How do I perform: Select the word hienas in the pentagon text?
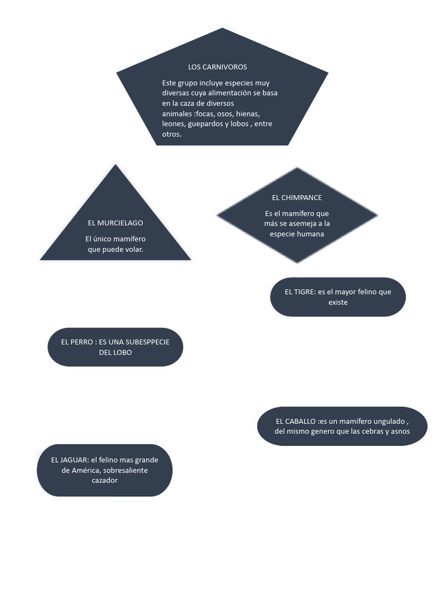tap(247, 114)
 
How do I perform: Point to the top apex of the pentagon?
tap(222, 29)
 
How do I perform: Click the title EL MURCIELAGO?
tap(115, 223)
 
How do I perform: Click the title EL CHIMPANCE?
tap(297, 197)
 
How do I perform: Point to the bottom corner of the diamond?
tap(297, 262)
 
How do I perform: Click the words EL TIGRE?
tap(300, 292)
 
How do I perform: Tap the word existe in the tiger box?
tap(338, 302)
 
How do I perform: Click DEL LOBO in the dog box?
tap(115, 353)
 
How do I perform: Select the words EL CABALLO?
tap(296, 421)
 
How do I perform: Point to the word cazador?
tap(104, 481)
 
